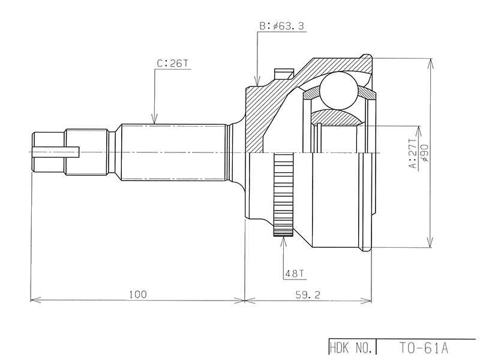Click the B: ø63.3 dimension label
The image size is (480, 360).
(x=281, y=26)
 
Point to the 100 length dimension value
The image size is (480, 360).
(x=137, y=293)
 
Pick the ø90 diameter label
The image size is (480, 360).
(x=425, y=153)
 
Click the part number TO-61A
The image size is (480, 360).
(x=424, y=347)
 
